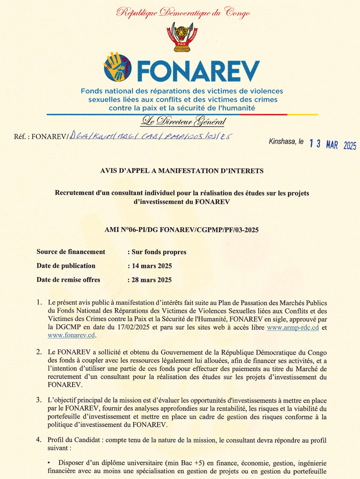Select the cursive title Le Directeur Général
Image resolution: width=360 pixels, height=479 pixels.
point(181,122)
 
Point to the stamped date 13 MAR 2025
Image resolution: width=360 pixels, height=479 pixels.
point(330,145)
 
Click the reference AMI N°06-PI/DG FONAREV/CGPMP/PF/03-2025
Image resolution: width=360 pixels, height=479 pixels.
point(181,230)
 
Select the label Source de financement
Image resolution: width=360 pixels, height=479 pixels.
point(71,252)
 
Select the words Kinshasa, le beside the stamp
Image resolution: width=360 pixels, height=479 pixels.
point(286,143)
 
